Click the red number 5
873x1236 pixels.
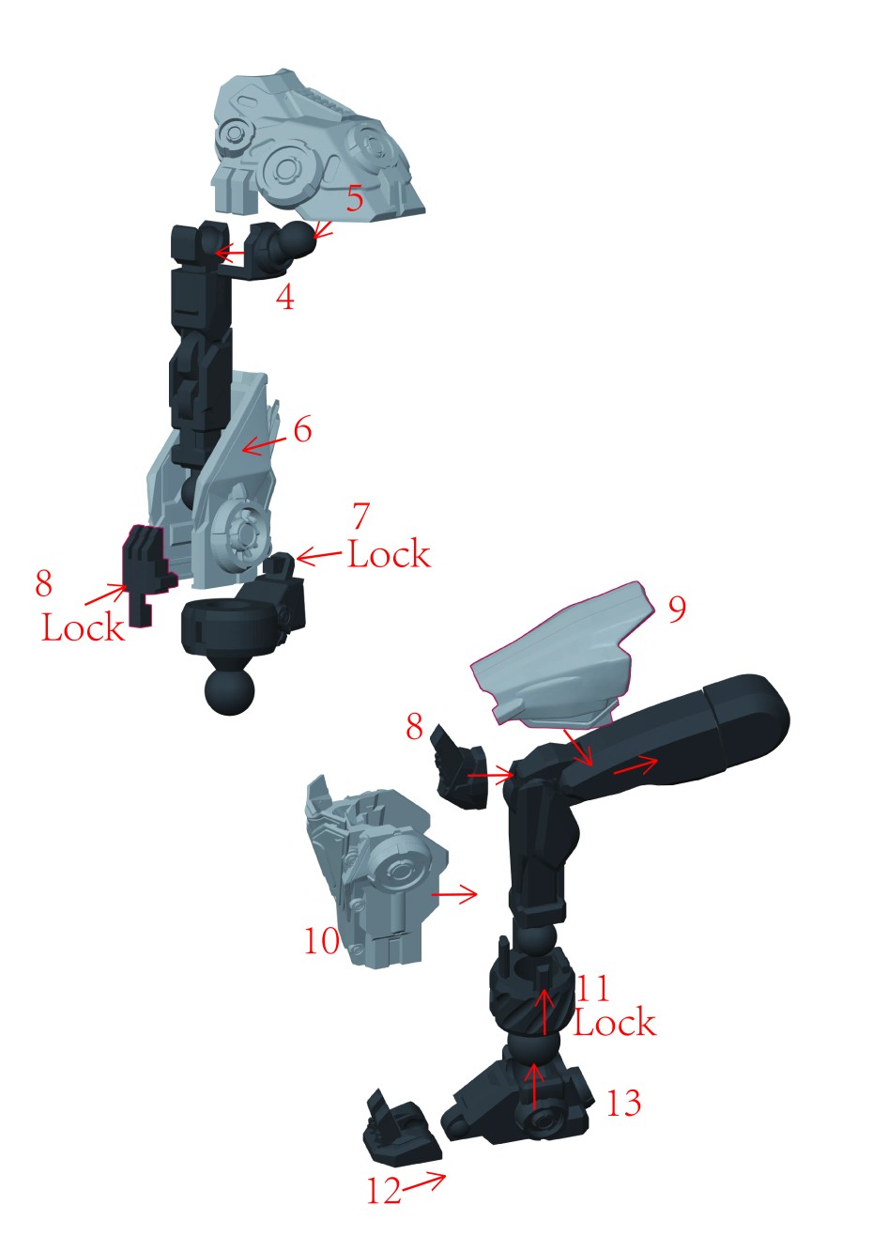[x=355, y=198]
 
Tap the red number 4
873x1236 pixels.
[x=285, y=298]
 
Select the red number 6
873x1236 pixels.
[x=302, y=429]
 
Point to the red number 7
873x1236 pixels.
[x=360, y=516]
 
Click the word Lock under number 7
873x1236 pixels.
[x=389, y=554]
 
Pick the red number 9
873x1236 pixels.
[x=677, y=610]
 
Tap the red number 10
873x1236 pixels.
[x=322, y=940]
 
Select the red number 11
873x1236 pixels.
[x=593, y=988]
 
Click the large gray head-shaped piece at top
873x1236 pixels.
[x=314, y=147]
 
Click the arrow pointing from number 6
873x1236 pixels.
[x=264, y=446]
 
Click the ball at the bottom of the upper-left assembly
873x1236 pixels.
[x=229, y=691]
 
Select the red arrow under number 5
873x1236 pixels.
[x=324, y=231]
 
